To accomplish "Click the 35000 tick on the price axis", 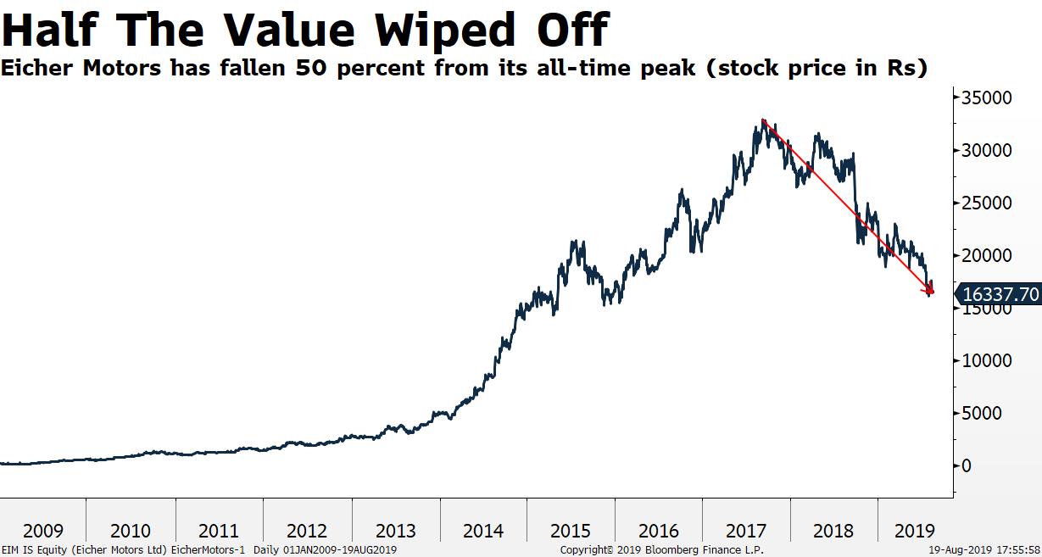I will click(987, 97).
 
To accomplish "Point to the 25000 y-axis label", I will click(987, 203).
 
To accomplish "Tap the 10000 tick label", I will click(987, 360).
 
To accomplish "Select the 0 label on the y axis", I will click(966, 465).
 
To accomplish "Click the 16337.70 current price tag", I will click(1000, 295).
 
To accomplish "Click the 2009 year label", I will click(42, 532).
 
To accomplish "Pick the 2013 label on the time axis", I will click(395, 532).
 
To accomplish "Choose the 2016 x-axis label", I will click(659, 532).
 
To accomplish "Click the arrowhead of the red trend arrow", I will click(931, 292).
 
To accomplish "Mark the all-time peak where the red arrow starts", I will click(763, 120).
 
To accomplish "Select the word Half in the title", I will click(53, 30).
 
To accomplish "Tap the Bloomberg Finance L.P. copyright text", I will click(662, 550).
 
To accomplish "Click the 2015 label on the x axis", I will click(571, 532).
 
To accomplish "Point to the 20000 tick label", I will click(987, 255).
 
